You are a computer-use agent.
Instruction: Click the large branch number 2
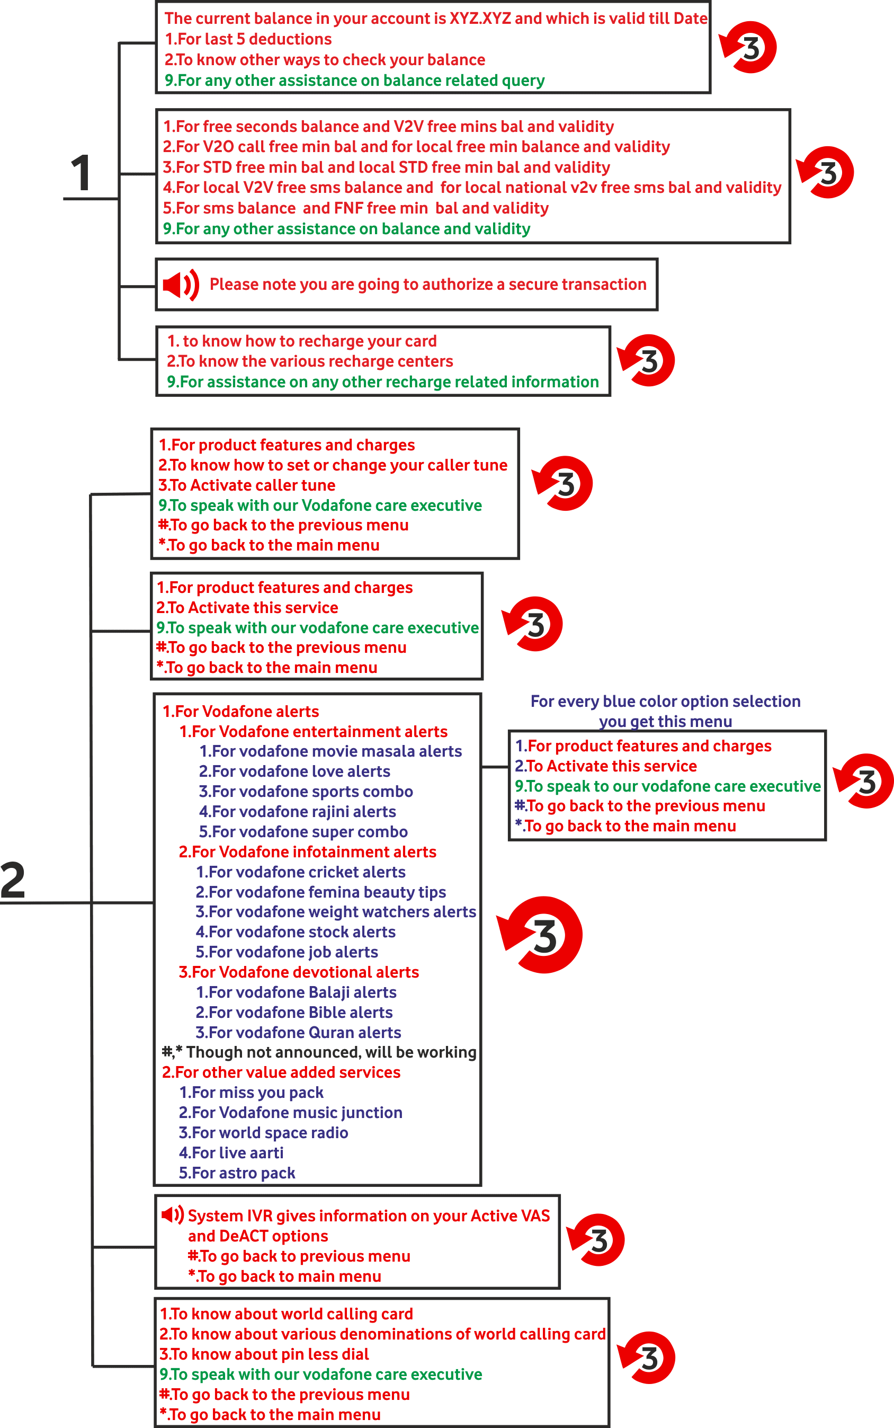pos(13,880)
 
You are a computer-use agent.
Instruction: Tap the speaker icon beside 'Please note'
pos(181,285)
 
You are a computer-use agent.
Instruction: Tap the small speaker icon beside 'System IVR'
pos(173,1215)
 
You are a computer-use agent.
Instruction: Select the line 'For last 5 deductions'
pos(248,39)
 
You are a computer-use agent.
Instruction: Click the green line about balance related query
pos(355,81)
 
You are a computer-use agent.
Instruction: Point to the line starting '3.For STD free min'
pos(387,167)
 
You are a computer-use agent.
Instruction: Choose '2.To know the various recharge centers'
pos(310,361)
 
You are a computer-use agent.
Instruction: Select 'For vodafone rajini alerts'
pos(298,812)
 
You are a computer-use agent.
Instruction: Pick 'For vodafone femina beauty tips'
pos(321,892)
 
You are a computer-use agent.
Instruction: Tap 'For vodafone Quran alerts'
pos(299,1032)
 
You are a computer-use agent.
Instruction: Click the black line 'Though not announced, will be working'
pos(319,1052)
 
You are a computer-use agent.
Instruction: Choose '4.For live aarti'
pos(231,1153)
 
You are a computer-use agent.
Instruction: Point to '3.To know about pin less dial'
pos(264,1355)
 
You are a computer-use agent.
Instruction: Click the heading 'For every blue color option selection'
pos(666,702)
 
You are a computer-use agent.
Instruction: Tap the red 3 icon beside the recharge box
pos(646,360)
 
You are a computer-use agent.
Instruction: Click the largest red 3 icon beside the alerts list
pos(540,935)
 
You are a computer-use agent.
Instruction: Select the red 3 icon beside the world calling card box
pos(646,1358)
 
